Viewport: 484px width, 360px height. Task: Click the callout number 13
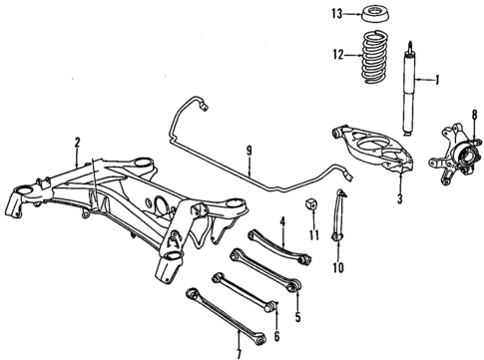coord(337,14)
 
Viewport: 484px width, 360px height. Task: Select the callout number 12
coord(337,55)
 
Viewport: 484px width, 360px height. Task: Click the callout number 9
coord(249,154)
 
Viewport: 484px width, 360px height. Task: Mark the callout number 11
coord(313,235)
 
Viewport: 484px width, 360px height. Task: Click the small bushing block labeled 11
coord(312,207)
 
